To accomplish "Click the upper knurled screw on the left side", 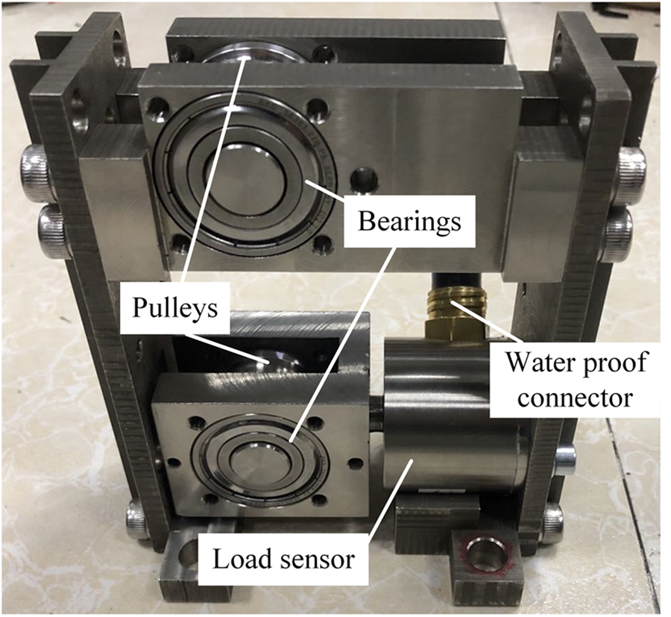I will point(35,171).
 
